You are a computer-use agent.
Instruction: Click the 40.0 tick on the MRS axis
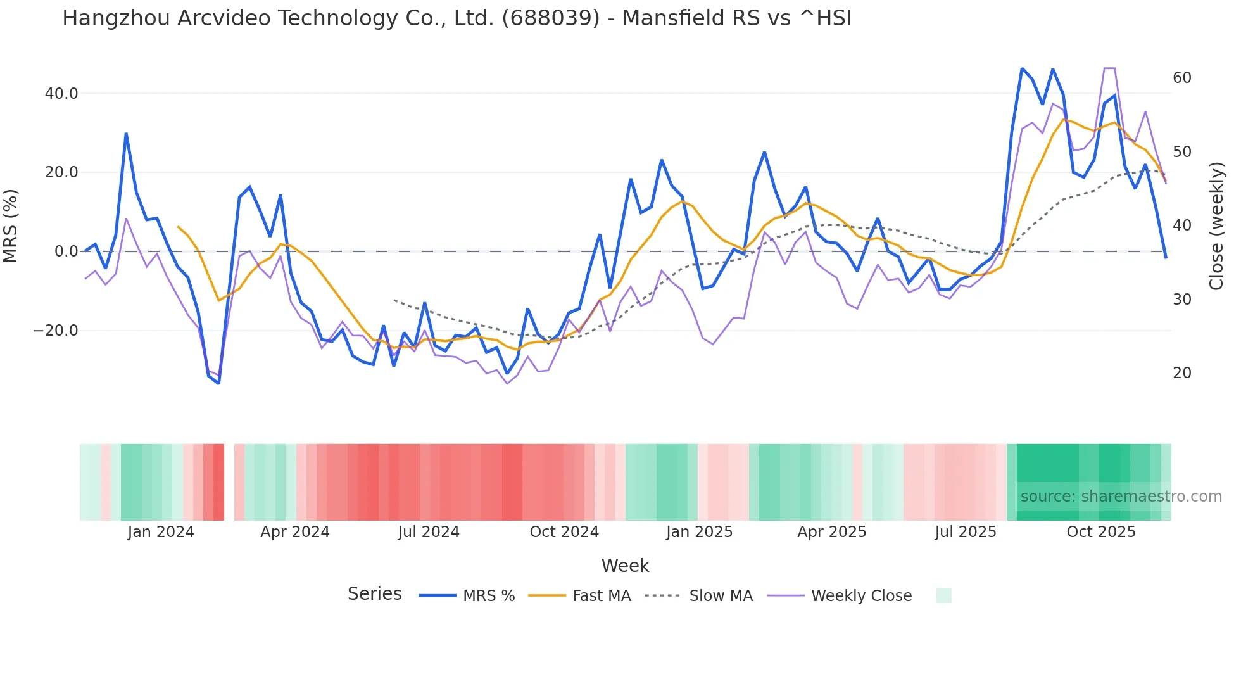(61, 94)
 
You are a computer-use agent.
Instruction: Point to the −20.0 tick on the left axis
(56, 331)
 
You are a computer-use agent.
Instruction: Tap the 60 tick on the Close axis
(1181, 78)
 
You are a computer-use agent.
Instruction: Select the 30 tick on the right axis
(1181, 300)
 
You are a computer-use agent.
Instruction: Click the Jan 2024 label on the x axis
(161, 532)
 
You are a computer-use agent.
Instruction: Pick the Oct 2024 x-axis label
(564, 532)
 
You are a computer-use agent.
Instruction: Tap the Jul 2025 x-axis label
(966, 532)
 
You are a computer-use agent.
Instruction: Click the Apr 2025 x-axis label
(832, 532)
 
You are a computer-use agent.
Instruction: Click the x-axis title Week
(625, 566)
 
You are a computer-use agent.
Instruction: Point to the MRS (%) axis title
(11, 225)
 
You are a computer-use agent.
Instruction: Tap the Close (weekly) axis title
(1216, 225)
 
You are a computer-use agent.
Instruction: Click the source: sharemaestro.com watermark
(1121, 497)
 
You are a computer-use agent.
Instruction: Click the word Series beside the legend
(374, 594)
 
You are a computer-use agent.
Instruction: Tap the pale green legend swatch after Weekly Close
(943, 595)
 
